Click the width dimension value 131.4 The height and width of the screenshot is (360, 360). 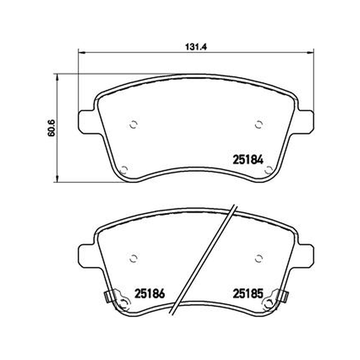point(196,47)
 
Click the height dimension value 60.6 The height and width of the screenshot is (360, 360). point(51,128)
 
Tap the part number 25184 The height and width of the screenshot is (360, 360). point(248,160)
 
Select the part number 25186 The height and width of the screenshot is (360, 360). point(150,293)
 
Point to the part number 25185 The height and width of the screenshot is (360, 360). point(248,293)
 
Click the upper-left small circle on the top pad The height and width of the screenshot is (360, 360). point(133,125)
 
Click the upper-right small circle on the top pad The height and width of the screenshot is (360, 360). point(259,125)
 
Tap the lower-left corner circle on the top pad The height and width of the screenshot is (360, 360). point(124,170)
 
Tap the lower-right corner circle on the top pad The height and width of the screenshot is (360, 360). point(268,170)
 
